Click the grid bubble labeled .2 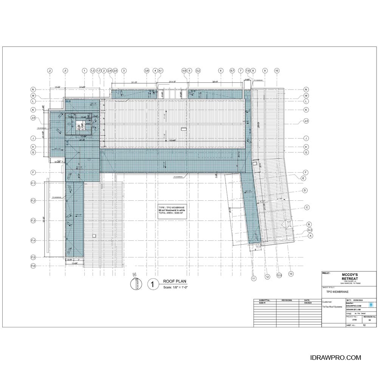pos(50,71)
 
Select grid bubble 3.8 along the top pos(147,71)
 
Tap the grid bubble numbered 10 pos(277,71)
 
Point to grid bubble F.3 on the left pos(33,220)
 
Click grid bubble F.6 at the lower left pos(33,266)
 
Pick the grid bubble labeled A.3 pos(310,230)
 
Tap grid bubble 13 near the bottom pos(291,273)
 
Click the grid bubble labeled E pos(303,178)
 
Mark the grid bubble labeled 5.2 pos(198,71)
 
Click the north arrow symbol pos(134,283)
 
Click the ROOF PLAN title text pos(175,281)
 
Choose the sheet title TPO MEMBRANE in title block pos(337,292)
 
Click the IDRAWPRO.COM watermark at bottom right pos(335,358)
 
